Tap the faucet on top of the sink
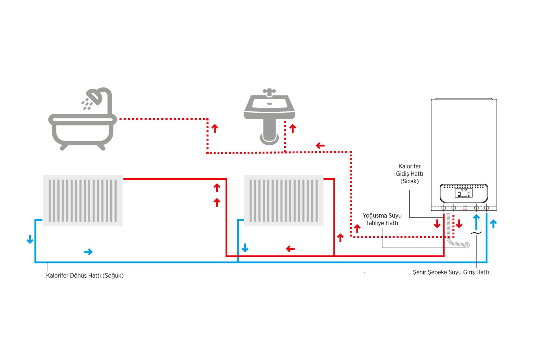tap(269, 92)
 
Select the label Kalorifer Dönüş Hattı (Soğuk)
tap(85, 276)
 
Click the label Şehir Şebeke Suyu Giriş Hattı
tap(451, 272)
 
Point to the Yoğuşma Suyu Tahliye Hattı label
tap(382, 219)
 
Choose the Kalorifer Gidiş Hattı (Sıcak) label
tap(409, 174)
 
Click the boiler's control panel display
tap(464, 193)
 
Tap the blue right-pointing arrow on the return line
tap(88, 252)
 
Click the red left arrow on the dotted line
tap(320, 146)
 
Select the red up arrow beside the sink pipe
tap(293, 128)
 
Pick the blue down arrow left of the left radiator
tap(30, 239)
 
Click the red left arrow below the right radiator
tap(290, 249)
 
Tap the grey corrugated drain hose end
tap(467, 245)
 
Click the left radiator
tap(83, 201)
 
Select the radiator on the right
tap(283, 201)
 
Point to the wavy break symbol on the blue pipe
tap(476, 233)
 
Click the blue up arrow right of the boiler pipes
tap(493, 224)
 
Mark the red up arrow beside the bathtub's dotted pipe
tap(215, 128)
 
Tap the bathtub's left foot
tap(64, 147)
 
